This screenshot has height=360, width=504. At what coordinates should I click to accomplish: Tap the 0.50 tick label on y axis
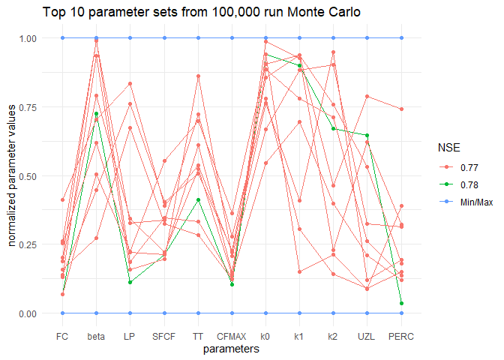37,175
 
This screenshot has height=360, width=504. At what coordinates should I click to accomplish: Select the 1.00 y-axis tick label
37,38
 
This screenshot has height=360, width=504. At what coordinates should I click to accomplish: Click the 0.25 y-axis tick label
37,244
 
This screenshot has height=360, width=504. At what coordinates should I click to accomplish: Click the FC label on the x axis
62,335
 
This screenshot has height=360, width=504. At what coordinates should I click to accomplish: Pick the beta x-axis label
96,335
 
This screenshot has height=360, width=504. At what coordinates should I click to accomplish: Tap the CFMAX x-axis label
232,335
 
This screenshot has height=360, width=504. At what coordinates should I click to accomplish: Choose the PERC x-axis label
402,335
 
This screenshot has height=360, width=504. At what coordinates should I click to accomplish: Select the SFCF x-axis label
164,335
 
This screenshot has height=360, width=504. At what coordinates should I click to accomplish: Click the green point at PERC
402,303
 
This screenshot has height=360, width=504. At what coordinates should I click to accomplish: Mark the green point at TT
198,200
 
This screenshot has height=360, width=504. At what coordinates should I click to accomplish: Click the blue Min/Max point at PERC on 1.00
402,38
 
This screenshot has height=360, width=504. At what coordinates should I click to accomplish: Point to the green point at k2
334,129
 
